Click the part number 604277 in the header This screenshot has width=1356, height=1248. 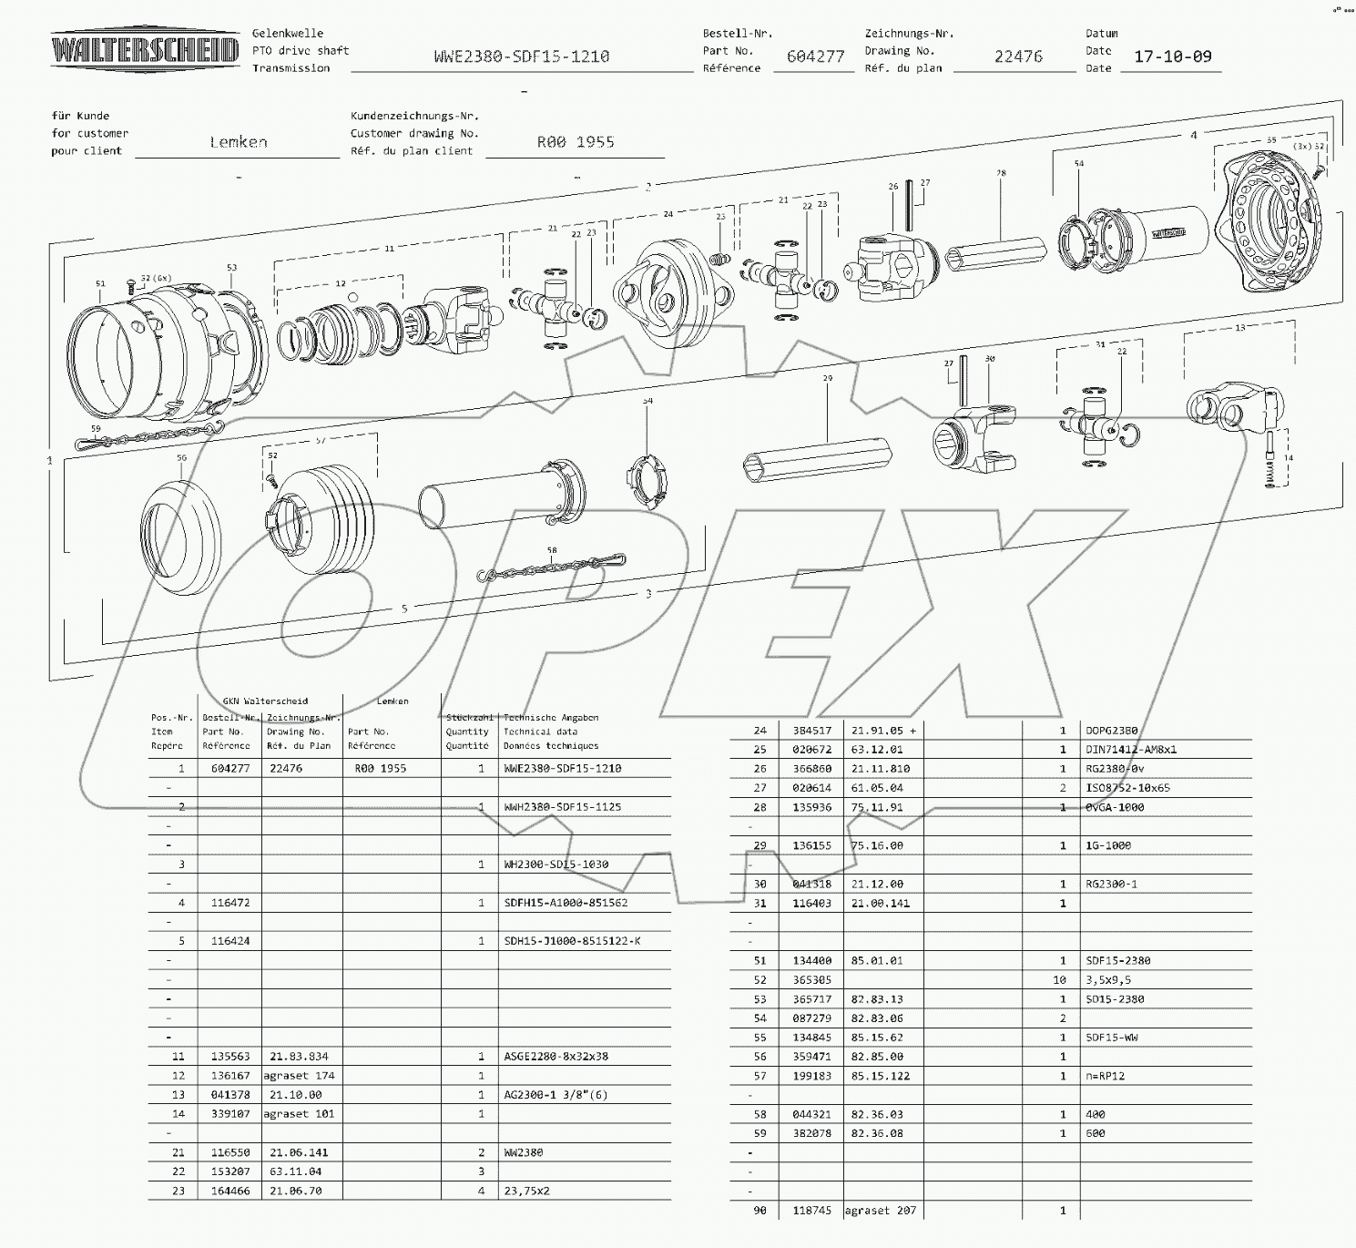coord(815,56)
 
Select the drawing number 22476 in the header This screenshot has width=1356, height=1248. coord(1017,56)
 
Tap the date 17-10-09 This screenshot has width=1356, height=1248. coord(1172,56)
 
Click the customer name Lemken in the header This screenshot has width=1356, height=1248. coord(239,142)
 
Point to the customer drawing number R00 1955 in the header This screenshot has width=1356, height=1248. coord(576,142)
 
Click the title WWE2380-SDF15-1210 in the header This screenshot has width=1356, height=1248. coord(522,56)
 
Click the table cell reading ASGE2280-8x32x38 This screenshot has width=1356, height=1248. coord(556,1057)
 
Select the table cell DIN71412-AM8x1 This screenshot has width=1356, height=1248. coord(1130,750)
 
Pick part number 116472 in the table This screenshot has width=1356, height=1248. coord(229,903)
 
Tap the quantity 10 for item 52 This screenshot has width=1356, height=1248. coord(1059,980)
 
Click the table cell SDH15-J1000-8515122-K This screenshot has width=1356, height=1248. coord(572,941)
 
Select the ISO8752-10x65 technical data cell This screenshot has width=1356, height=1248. coord(1127,788)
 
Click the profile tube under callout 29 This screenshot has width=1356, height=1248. coord(817,455)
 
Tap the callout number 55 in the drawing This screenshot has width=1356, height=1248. coord(1271,140)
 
